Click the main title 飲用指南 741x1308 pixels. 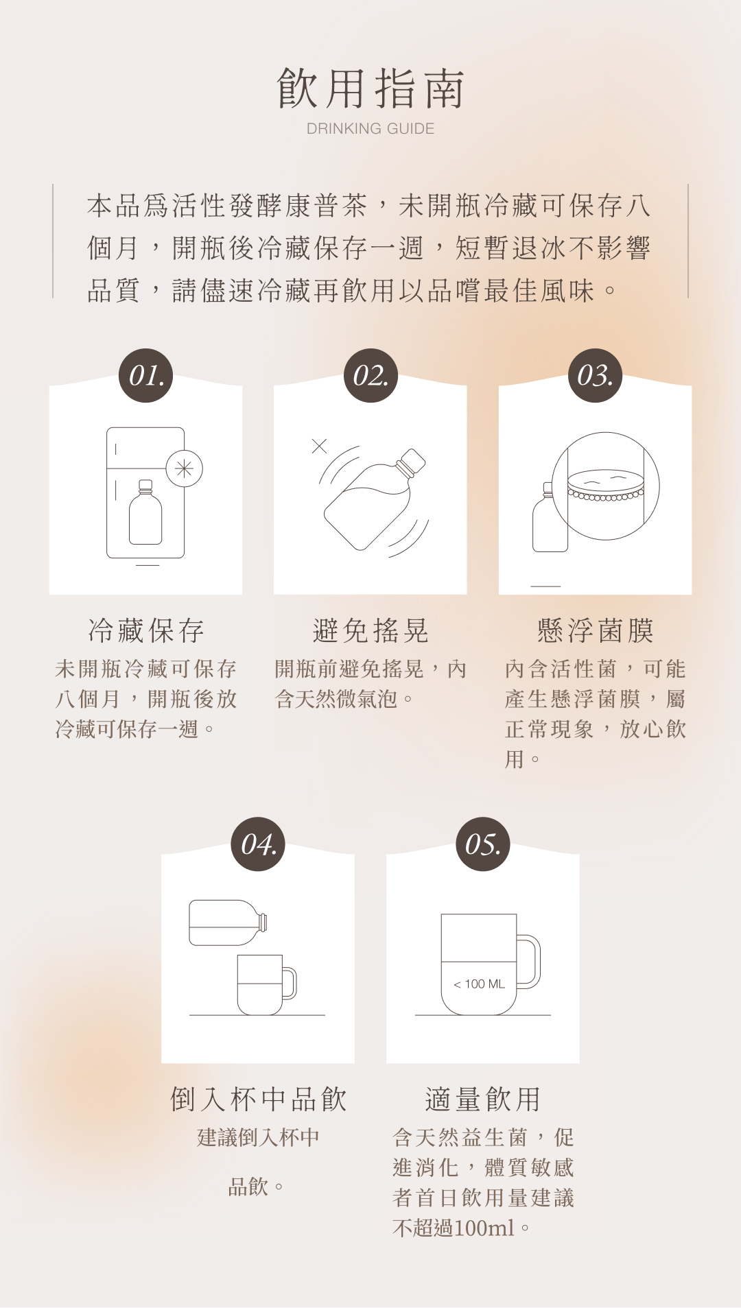[370, 88]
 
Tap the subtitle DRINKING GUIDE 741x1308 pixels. [370, 129]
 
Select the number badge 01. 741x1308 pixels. [146, 375]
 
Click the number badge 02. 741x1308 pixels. [370, 375]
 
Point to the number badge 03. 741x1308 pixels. [595, 375]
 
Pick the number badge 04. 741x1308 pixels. [258, 844]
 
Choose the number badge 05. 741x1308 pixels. [483, 844]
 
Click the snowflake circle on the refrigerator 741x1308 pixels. [184, 468]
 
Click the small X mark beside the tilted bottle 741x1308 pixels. [319, 446]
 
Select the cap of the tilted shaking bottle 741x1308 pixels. [412, 462]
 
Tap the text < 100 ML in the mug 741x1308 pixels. [479, 984]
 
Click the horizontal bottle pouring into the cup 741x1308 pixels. [226, 923]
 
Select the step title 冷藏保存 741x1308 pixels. [146, 630]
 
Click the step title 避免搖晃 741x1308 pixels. [370, 630]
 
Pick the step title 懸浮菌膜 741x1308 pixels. [595, 630]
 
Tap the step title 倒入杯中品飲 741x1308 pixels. [258, 1099]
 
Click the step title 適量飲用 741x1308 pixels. [483, 1099]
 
